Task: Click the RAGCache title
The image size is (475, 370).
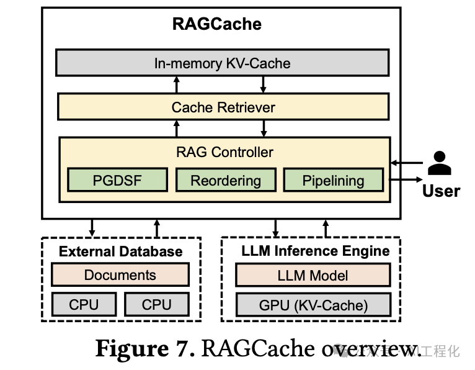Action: pyautogui.click(x=216, y=24)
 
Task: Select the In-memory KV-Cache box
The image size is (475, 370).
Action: pyautogui.click(x=222, y=63)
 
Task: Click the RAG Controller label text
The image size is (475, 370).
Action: pyautogui.click(x=224, y=151)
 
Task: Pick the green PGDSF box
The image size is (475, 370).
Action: pyautogui.click(x=117, y=180)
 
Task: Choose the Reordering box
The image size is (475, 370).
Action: pyautogui.click(x=225, y=180)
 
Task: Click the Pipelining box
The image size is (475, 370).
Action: pyautogui.click(x=333, y=180)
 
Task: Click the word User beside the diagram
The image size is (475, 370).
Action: pyautogui.click(x=441, y=191)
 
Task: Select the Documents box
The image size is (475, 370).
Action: pyautogui.click(x=120, y=275)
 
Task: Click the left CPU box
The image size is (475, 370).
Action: pyautogui.click(x=84, y=304)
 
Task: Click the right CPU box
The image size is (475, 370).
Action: pyautogui.click(x=156, y=304)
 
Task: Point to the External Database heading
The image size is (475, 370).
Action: pyautogui.click(x=121, y=251)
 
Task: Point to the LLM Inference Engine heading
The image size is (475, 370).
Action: pyautogui.click(x=315, y=251)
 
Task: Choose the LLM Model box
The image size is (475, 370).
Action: pyautogui.click(x=313, y=275)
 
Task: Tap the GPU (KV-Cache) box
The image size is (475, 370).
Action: pyautogui.click(x=313, y=305)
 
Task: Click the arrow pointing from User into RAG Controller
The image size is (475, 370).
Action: pyautogui.click(x=407, y=164)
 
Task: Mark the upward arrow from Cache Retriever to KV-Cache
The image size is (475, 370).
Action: pyautogui.click(x=177, y=84)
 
